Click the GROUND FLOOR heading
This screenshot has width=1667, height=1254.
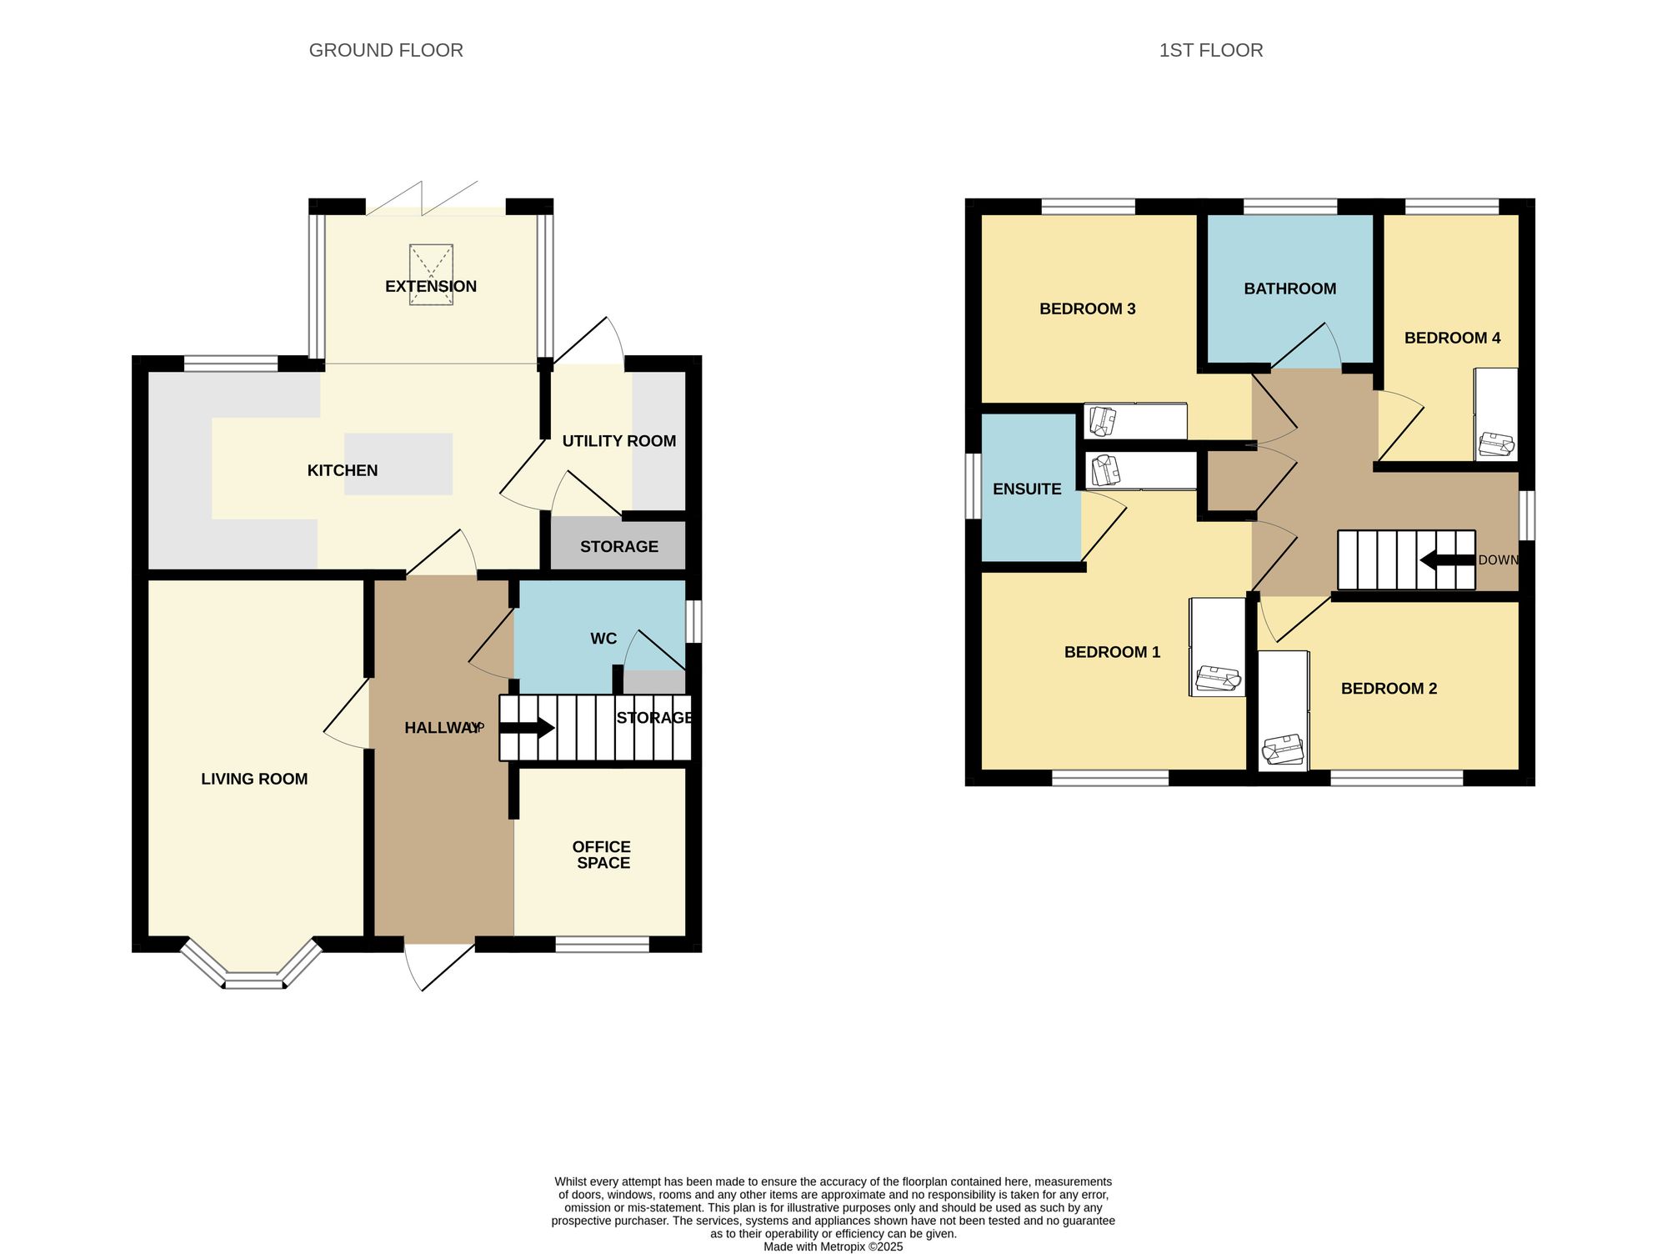(x=386, y=50)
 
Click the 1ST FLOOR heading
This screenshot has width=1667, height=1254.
(x=1210, y=50)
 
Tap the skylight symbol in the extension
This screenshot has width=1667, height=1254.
(x=431, y=273)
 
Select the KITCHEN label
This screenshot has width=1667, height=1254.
(x=343, y=470)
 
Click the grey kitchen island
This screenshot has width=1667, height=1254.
(x=398, y=464)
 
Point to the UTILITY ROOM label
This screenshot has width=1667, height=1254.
(x=618, y=441)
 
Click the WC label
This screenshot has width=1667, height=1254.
(x=603, y=639)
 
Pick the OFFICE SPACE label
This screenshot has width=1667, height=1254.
(x=602, y=855)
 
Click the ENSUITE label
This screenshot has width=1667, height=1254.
(x=1027, y=489)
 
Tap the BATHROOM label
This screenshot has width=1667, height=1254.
(x=1289, y=288)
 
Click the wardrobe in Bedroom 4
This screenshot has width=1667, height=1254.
(x=1495, y=414)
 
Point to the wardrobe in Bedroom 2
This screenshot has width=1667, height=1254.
(x=1283, y=710)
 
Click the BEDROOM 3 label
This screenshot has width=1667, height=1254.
(x=1087, y=308)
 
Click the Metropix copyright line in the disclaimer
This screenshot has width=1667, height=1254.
(x=833, y=1247)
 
